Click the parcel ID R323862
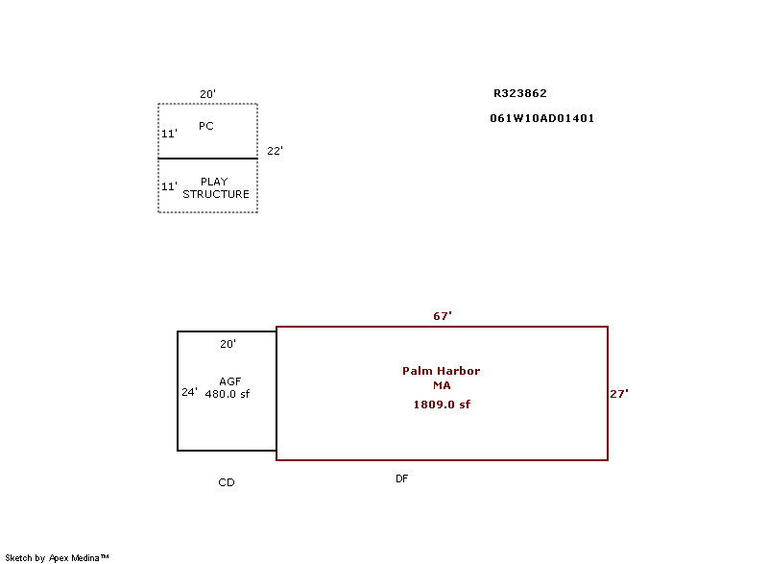coord(519,93)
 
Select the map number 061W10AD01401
coord(541,118)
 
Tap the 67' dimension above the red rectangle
coord(443,316)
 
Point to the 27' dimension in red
coord(619,394)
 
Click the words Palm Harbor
coord(442,371)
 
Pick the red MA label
coord(442,385)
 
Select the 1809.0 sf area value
coord(442,405)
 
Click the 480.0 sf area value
coord(228,394)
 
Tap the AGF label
coord(230,381)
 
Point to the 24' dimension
coord(189,392)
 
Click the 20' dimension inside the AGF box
coord(228,344)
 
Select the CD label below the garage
coord(227,482)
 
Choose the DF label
coord(401,478)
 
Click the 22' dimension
coord(275,151)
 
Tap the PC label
coord(206,126)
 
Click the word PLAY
coord(214,182)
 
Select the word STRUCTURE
coord(216,194)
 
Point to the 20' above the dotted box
coord(207,94)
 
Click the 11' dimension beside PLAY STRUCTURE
coord(170,186)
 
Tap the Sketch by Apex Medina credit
coord(57,557)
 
